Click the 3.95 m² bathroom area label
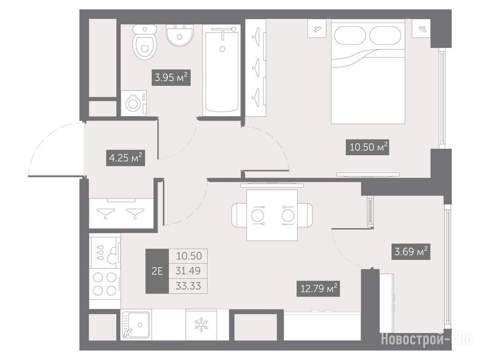[x=171, y=77]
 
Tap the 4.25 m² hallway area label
[x=126, y=158]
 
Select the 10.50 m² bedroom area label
[x=368, y=147]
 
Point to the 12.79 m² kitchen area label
[x=319, y=288]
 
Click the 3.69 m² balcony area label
[x=411, y=252]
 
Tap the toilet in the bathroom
[x=145, y=42]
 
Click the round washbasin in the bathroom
[x=180, y=35]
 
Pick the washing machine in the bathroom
[x=134, y=104]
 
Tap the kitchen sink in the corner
[x=136, y=325]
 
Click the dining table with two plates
[x=272, y=215]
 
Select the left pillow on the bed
[x=350, y=35]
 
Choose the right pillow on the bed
[x=385, y=35]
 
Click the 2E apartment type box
[x=157, y=271]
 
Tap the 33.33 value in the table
[x=188, y=286]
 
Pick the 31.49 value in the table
[x=188, y=271]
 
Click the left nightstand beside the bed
[x=317, y=29]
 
